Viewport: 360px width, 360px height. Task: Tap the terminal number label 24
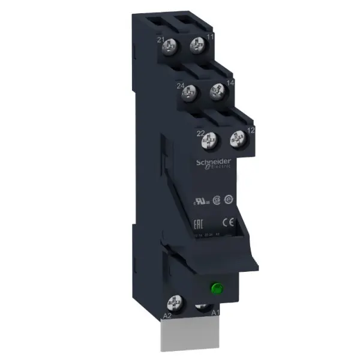point(179,86)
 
